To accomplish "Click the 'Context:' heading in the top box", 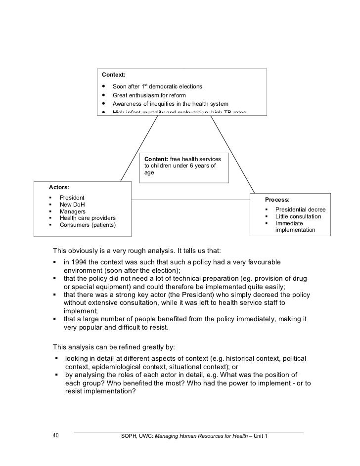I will pos(114,75).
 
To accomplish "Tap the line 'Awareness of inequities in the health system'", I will pos(170,104).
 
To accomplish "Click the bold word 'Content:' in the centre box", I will pos(156,158).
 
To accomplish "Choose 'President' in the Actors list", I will pos(72,198).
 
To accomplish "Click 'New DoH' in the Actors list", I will pos(72,205).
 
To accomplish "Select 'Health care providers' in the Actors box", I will pos(88,218).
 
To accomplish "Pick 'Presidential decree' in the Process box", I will pos(300,210).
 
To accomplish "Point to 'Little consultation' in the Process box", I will pos(298,216).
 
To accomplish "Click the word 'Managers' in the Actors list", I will pos(73,212).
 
